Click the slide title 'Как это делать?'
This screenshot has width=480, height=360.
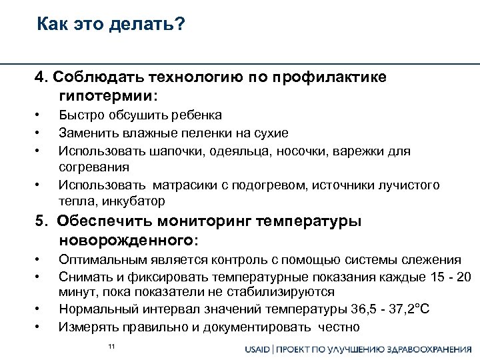point(111,25)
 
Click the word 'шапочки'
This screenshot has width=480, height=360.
point(163,150)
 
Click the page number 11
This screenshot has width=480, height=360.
point(111,345)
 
